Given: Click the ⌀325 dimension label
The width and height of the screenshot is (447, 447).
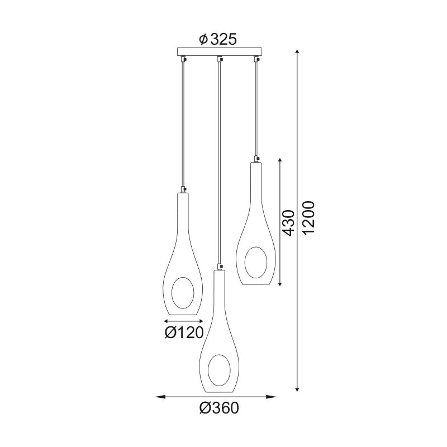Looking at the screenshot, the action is pos(218,39).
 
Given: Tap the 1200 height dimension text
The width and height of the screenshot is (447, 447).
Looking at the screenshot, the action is pos(308,218).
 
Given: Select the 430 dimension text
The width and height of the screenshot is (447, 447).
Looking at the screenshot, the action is pos(288,223).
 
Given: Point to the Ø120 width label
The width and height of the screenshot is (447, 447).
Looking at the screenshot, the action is pos(184,332).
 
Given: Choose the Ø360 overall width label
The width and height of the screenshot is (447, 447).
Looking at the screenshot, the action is pos(219,408).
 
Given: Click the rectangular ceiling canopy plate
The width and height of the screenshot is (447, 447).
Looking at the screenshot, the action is pos(219,52).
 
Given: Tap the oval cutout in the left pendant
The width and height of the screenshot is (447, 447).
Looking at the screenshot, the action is pos(183,293).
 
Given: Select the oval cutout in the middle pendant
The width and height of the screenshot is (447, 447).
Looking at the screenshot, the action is pos(219,370).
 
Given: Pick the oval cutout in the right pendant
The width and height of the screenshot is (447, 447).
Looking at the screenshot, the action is pos(256,262).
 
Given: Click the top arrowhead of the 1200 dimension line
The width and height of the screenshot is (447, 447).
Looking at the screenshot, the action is pos(297,51).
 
